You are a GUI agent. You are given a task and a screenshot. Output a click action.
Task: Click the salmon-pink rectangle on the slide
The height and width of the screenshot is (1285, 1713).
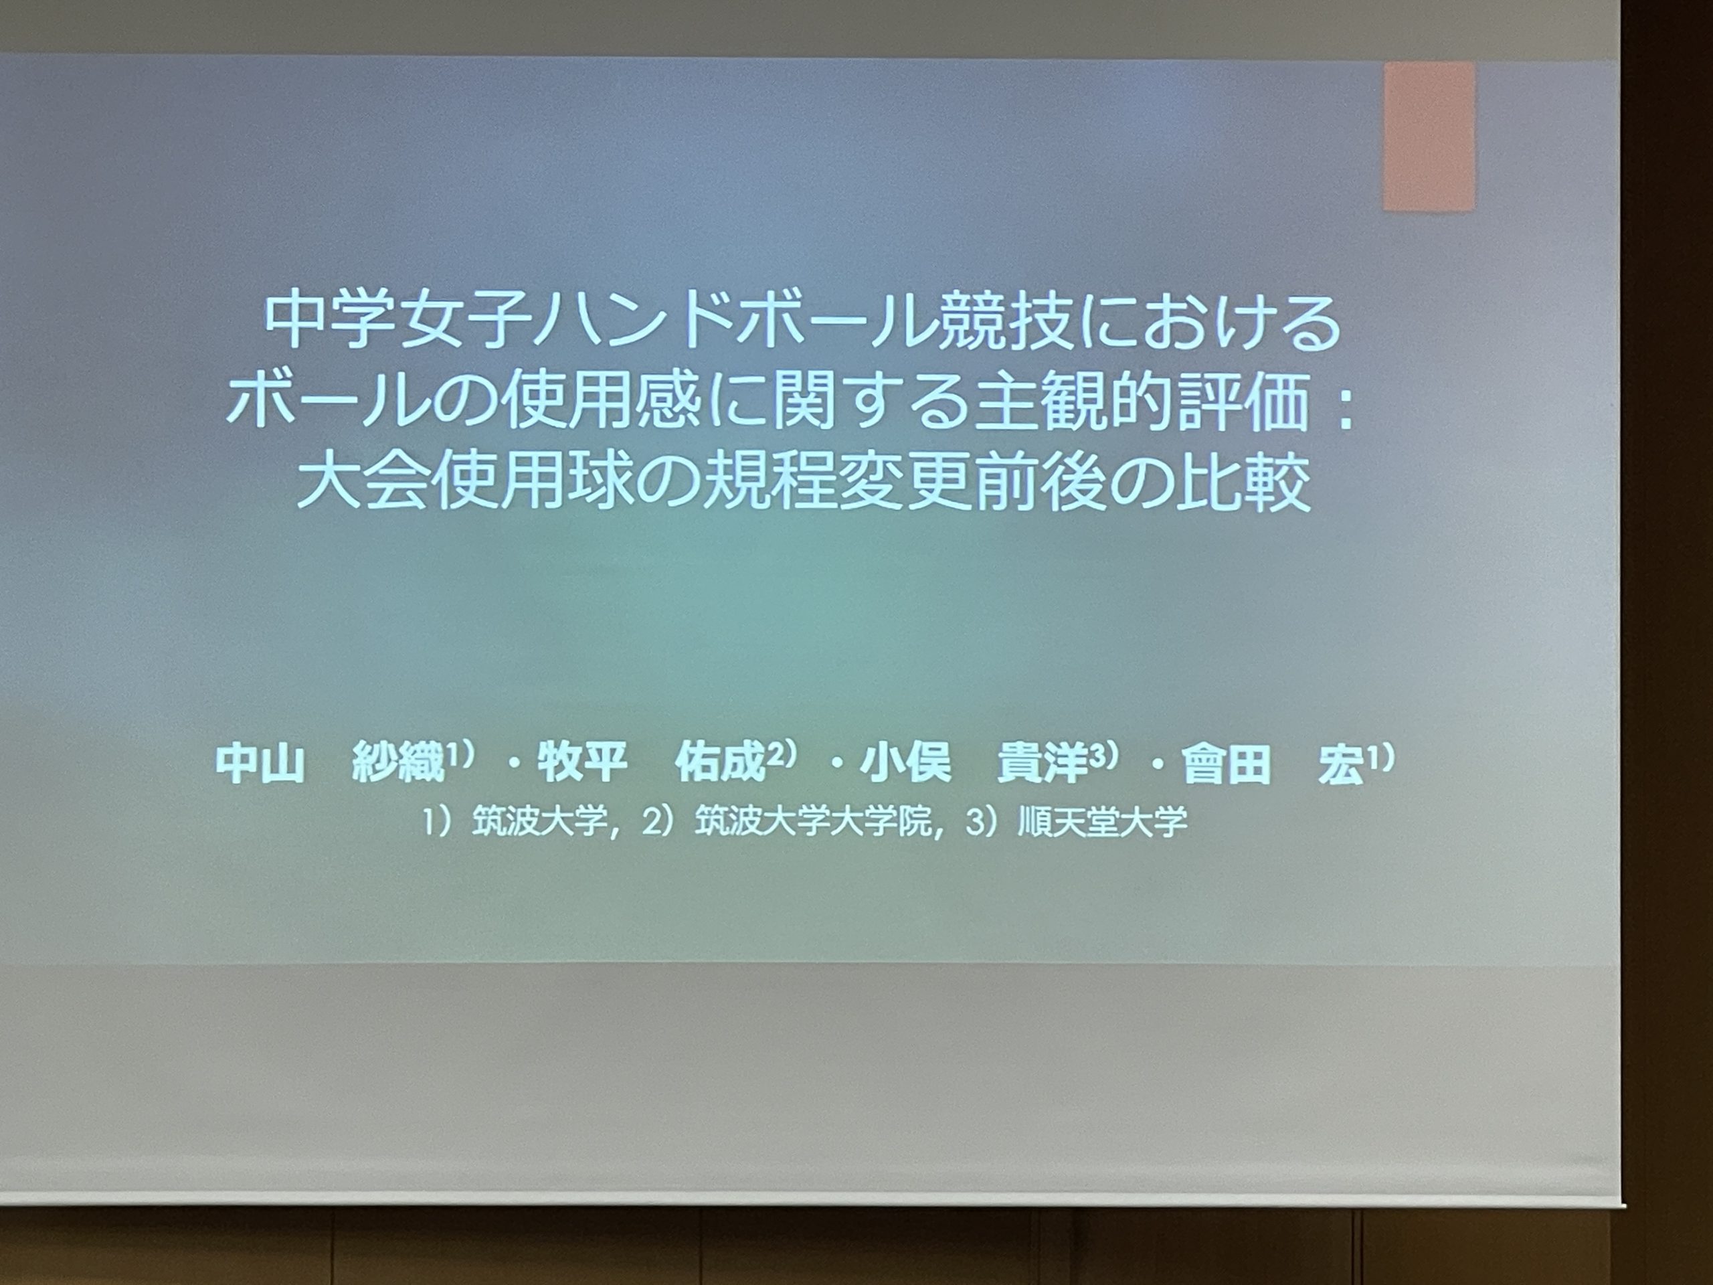click(x=1429, y=137)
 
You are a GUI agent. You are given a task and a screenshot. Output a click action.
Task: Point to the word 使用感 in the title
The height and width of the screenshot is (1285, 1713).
click(x=573, y=404)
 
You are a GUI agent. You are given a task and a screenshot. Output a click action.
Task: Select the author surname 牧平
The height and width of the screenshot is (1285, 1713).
click(x=581, y=764)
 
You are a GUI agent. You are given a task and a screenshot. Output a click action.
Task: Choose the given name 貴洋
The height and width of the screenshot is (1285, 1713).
click(x=1042, y=764)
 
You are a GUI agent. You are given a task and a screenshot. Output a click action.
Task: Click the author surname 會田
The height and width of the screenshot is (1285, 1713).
click(x=1226, y=764)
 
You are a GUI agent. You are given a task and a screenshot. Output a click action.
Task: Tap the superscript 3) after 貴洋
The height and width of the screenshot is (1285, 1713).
click(x=1103, y=755)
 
